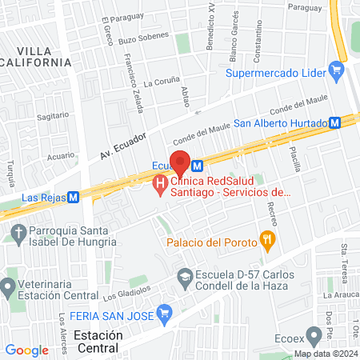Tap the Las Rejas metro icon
click(x=73, y=196)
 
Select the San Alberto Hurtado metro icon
click(x=337, y=123)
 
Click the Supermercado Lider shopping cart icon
click(x=337, y=74)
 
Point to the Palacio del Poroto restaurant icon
click(x=266, y=240)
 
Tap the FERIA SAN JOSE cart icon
click(x=166, y=311)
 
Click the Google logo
click(x=26, y=350)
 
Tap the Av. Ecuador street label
click(x=122, y=145)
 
